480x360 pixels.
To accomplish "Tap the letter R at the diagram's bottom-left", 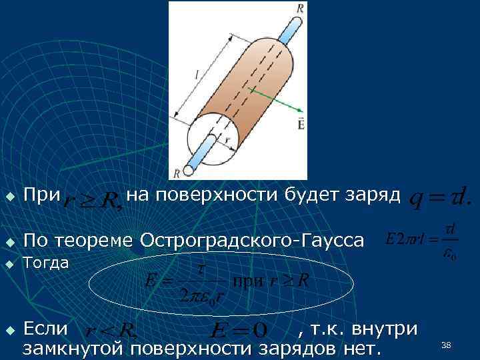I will (x=177, y=173).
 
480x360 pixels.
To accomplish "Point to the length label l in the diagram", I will (x=198, y=77).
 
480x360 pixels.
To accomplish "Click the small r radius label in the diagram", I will (x=227, y=142).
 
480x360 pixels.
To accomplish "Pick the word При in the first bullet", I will (x=41, y=196).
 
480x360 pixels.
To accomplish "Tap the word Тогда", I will (x=46, y=263).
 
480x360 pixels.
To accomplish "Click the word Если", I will (x=45, y=329).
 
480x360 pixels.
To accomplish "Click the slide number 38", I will (x=446, y=344).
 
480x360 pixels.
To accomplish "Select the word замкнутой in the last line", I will (x=74, y=347).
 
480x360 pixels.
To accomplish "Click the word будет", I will (x=311, y=195).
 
